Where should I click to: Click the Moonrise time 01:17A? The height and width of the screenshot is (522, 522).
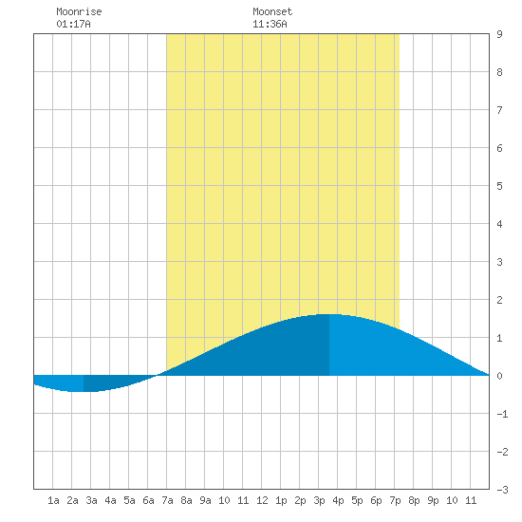coord(73,24)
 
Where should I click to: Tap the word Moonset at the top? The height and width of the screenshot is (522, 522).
coord(272,11)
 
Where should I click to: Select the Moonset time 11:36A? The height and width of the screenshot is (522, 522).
coord(270,24)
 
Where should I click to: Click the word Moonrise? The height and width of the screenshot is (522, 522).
coord(79,11)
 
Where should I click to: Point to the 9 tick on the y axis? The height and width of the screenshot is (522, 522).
coord(499,34)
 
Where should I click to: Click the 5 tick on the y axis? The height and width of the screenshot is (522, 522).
coord(499,186)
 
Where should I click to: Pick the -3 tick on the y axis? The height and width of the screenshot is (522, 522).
coord(502,490)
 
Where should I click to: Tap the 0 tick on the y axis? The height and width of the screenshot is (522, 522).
coord(499,376)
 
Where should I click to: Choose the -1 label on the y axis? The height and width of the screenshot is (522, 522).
coord(502,414)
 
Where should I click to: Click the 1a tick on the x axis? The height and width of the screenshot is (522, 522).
coord(53,500)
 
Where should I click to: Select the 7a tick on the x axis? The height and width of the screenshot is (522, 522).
coord(167,500)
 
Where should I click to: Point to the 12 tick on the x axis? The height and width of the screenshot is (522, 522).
coord(262,500)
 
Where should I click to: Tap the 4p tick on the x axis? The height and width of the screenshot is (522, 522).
coord(338,500)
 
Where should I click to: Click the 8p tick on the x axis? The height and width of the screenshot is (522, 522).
coord(414,500)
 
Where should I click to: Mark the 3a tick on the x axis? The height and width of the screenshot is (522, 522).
coord(91,500)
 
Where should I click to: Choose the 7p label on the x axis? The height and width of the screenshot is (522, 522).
coord(395,500)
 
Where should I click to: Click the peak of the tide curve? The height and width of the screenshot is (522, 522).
coord(329,314)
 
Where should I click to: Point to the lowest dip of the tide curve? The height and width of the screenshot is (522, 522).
coord(84,391)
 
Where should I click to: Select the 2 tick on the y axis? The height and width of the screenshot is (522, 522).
coord(499,300)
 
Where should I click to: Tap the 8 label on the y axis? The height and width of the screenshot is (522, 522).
coord(499,72)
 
